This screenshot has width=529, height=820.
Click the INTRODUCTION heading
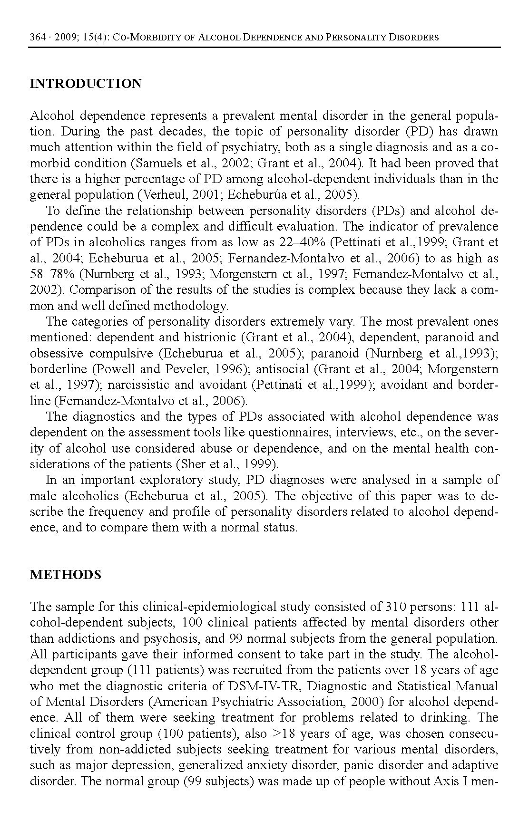(86, 84)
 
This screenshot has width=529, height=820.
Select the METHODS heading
(66, 575)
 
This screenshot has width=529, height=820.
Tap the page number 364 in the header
(37, 37)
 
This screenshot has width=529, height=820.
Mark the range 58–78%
(52, 274)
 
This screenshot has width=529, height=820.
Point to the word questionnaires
(290, 433)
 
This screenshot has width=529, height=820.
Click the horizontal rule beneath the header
(264, 47)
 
